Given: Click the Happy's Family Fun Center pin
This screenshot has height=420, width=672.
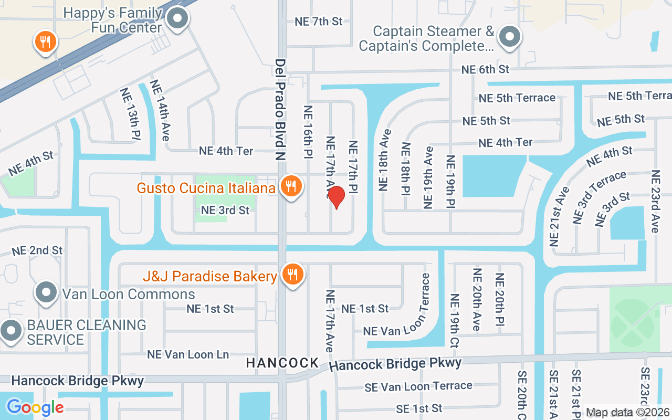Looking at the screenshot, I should tap(177, 19).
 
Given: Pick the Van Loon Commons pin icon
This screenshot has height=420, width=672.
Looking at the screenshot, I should tap(46, 293).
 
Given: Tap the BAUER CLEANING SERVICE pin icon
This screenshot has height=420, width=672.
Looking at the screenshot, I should tap(10, 331).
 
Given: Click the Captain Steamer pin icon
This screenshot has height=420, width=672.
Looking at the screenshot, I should tap(508, 37).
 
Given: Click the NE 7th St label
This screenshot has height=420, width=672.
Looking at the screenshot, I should tap(318, 22).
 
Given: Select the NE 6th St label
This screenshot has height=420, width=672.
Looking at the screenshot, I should tap(485, 69).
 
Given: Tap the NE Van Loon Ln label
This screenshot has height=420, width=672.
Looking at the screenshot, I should tap(188, 355).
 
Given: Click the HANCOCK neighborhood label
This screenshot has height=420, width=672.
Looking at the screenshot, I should tap(282, 363).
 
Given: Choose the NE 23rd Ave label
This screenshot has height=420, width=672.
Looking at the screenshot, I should tap(655, 201).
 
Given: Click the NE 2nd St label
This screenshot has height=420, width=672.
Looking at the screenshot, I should tap(37, 250).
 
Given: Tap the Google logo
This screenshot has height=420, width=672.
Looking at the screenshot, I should tap(35, 407).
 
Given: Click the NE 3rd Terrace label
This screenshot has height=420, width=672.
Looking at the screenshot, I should tap(600, 197).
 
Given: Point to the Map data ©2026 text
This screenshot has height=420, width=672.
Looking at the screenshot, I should tap(628, 413).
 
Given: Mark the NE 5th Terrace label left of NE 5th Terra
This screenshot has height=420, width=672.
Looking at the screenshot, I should tap(517, 98).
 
